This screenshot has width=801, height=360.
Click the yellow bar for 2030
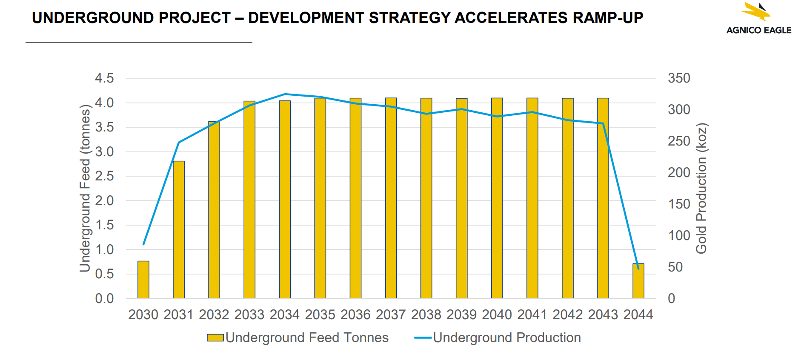(143, 280)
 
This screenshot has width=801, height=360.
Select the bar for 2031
(179, 230)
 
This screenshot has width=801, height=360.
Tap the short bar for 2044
(638, 282)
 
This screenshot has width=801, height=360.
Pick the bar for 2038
(426, 198)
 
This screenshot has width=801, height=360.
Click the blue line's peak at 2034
(285, 94)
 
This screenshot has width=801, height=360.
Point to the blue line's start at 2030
(143, 244)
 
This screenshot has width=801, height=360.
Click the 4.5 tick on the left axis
(104, 78)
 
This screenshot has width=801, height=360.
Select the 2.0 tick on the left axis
(104, 200)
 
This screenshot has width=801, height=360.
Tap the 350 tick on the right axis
(679, 78)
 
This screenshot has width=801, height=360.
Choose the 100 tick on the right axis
(679, 235)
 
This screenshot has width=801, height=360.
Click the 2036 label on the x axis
(355, 314)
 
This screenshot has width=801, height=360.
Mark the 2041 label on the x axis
(532, 314)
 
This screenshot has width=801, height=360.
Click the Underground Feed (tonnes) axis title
(85, 188)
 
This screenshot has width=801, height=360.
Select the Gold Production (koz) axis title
(701, 188)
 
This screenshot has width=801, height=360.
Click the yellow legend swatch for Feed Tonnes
(215, 337)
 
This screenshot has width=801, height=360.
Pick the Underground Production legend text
(506, 337)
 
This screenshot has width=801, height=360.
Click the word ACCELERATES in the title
(511, 18)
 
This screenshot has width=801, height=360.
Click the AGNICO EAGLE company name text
(759, 30)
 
